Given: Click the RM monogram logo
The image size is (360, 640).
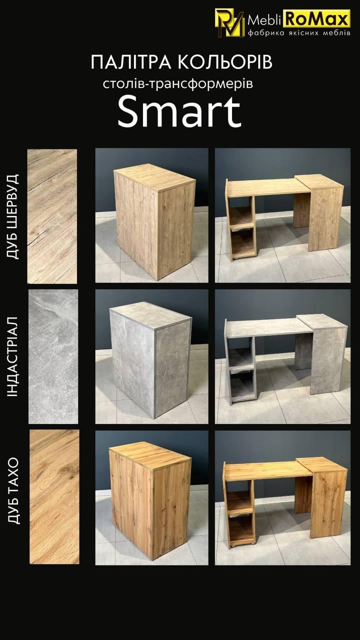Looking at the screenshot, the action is [x=229, y=23].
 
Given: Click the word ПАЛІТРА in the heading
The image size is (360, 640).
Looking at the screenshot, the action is [x=131, y=62].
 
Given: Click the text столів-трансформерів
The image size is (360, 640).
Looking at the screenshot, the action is [x=177, y=84].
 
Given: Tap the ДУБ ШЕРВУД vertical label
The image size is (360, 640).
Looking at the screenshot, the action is [x=13, y=216].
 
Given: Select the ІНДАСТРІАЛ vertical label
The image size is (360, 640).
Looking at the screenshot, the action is [x=13, y=356].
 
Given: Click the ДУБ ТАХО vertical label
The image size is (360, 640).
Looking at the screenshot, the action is [x=13, y=497].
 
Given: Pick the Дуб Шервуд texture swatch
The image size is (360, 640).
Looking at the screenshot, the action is [x=52, y=216].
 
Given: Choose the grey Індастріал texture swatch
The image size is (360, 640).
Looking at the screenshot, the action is [x=53, y=356].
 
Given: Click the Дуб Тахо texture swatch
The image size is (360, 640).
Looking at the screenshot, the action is [x=54, y=496].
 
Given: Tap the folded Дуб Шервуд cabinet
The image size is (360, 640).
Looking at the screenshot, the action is [x=154, y=221].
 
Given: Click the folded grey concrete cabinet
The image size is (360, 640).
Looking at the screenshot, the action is [x=150, y=360].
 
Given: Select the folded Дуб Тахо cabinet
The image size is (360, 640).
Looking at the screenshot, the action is [x=150, y=500].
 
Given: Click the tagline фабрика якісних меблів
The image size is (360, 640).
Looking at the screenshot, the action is [x=299, y=33].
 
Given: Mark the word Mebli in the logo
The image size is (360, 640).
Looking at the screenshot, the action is [x=265, y=20].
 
